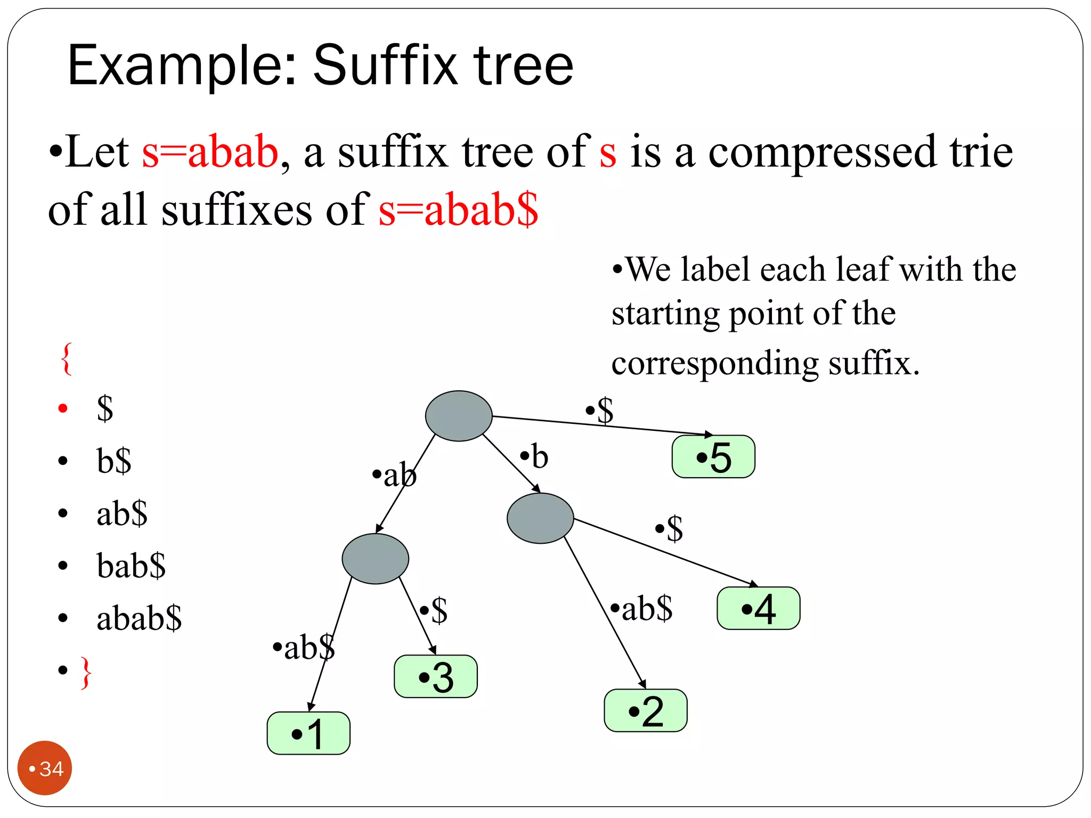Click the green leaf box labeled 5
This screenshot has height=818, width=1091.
pyautogui.click(x=713, y=457)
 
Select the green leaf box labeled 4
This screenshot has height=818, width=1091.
pyautogui.click(x=758, y=608)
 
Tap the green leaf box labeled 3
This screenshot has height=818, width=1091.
pyautogui.click(x=435, y=676)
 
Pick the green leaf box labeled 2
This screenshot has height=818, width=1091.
pyautogui.click(x=645, y=710)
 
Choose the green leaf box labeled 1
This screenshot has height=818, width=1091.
pyautogui.click(x=308, y=733)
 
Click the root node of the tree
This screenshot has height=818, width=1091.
pyautogui.click(x=458, y=416)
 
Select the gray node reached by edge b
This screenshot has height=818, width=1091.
pyautogui.click(x=540, y=518)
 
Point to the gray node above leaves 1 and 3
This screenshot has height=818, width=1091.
pyautogui.click(x=375, y=559)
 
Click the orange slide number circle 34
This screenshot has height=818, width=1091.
pyautogui.click(x=45, y=768)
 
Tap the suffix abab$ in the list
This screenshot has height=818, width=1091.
pyautogui.click(x=139, y=618)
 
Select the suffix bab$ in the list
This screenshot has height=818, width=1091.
pyautogui.click(x=131, y=566)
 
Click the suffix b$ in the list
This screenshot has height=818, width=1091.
pyautogui.click(x=114, y=461)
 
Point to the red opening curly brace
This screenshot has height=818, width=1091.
pyautogui.click(x=67, y=359)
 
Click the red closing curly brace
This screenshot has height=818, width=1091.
pyautogui.click(x=86, y=673)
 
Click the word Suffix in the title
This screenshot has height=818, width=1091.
pyautogui.click(x=385, y=66)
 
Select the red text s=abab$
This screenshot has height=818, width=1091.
pyautogui.click(x=458, y=209)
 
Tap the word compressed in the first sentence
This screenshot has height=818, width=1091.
pyautogui.click(x=821, y=153)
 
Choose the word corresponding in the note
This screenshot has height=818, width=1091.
pyautogui.click(x=714, y=364)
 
